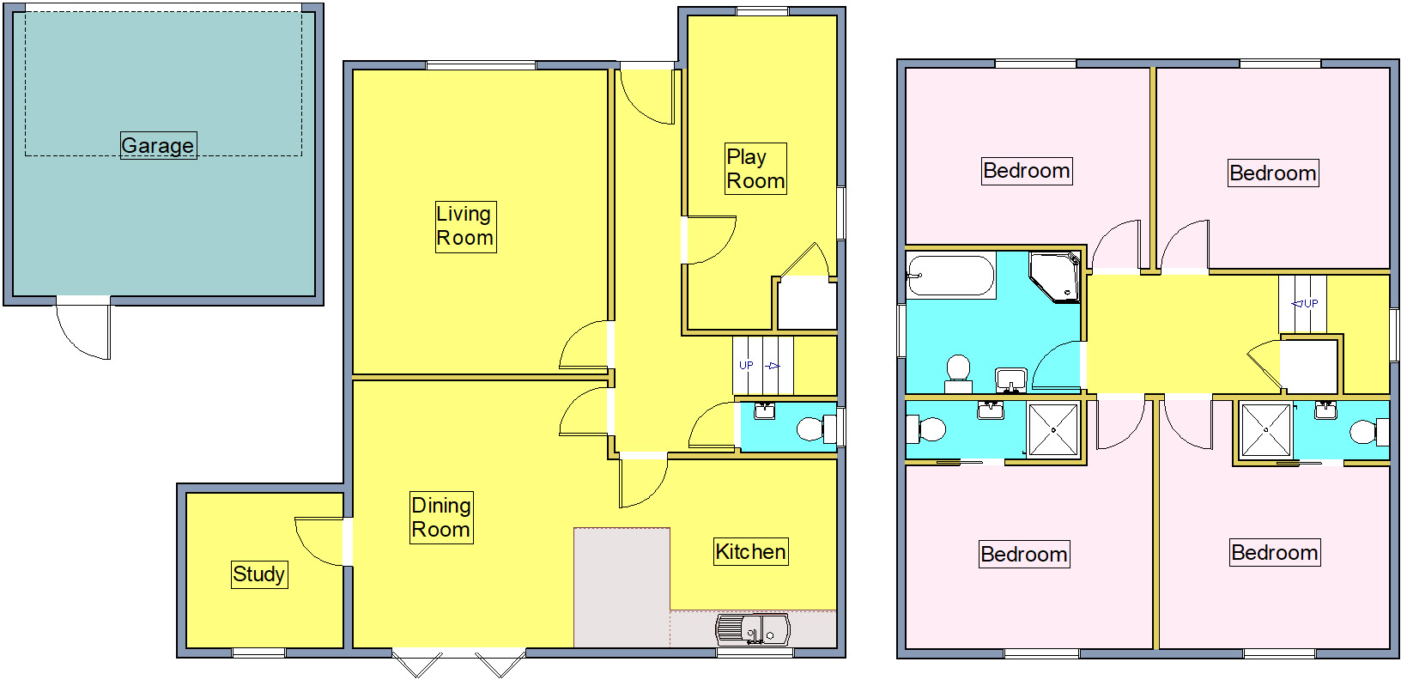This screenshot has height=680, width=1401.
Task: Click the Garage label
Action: (158, 145)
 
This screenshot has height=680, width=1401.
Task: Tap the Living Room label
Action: (465, 226)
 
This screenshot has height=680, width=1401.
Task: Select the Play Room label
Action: (755, 169)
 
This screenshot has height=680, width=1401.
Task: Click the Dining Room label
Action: (441, 518)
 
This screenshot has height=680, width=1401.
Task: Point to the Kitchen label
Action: (750, 552)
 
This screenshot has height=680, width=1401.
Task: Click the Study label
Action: (258, 574)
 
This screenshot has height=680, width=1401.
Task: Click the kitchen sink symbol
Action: (753, 631)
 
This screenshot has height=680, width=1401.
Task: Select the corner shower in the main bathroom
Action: (1055, 276)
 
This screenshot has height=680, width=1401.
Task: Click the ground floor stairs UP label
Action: (747, 365)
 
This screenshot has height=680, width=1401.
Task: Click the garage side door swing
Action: (83, 331)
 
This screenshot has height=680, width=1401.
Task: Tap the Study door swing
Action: (319, 541)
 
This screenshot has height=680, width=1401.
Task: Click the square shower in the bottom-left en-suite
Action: (1053, 428)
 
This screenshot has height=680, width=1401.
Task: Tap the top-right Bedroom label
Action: (1273, 173)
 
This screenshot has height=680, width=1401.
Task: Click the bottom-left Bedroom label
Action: (1023, 555)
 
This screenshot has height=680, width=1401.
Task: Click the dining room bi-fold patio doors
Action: (458, 663)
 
